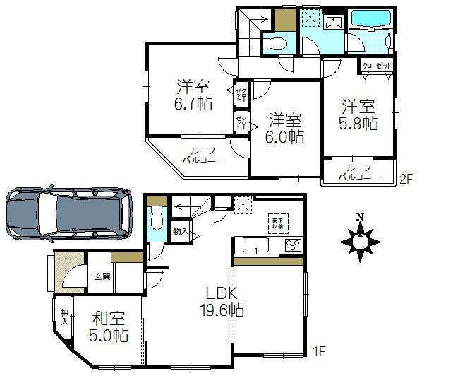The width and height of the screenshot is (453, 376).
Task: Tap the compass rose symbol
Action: point(361,240)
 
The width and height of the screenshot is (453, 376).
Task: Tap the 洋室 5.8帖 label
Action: point(360,115)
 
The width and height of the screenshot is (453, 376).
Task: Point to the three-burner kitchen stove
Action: point(293,245)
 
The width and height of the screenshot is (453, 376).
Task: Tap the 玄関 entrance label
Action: point(101,276)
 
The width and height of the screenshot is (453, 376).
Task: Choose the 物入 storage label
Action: point(180,231)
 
